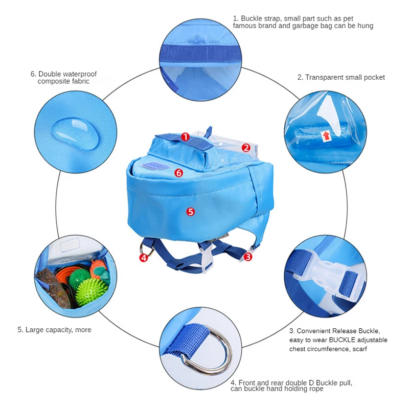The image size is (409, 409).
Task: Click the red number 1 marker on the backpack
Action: click(x=185, y=137)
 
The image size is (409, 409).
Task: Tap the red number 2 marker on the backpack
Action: click(x=246, y=148)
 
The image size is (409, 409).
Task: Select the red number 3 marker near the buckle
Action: click(x=248, y=257)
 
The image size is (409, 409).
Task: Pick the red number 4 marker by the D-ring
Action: click(x=144, y=258)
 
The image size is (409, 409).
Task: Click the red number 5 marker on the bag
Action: click(x=191, y=211)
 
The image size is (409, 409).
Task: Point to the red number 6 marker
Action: click(x=178, y=173)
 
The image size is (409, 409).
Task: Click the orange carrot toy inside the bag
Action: click(x=98, y=268)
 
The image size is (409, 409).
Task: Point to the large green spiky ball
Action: click(x=91, y=291)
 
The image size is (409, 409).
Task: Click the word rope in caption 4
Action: click(x=314, y=389)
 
